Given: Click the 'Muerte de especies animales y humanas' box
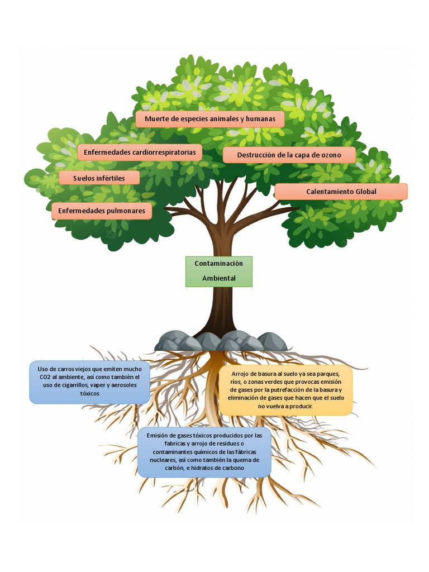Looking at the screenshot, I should pos(209,119).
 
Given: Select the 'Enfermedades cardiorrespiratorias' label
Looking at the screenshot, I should pos(140,152).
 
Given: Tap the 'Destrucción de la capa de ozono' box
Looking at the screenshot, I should pos(289,155).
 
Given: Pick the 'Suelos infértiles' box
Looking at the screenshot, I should pos(99,178).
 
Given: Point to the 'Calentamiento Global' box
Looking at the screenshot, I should pos(341,192).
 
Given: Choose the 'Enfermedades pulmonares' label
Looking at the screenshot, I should pos(102,211).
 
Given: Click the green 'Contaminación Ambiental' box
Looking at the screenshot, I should pos(219,271).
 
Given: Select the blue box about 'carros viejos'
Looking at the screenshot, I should pos(89,382).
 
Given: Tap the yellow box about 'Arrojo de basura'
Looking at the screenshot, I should pos(285,390).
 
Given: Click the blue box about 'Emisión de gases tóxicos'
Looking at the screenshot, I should pos(204,451).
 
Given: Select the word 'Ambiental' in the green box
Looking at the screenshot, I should pos(219,278).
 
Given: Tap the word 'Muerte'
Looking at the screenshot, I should pos(157,119).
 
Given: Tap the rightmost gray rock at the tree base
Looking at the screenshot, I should pos(272,341).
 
